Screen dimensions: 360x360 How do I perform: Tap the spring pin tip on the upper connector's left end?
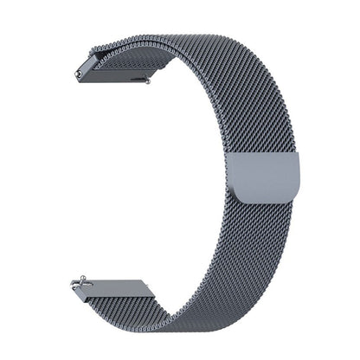point(78,76)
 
